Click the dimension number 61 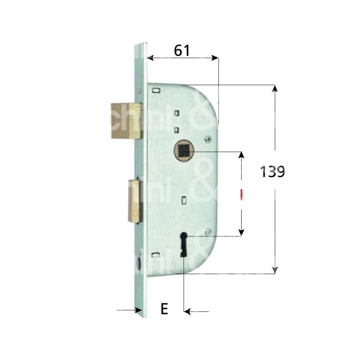click(182, 51)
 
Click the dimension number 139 click(272, 172)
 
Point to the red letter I click(241, 194)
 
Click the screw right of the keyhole click(207, 233)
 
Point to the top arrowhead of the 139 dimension click(275, 89)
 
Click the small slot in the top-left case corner click(156, 91)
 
